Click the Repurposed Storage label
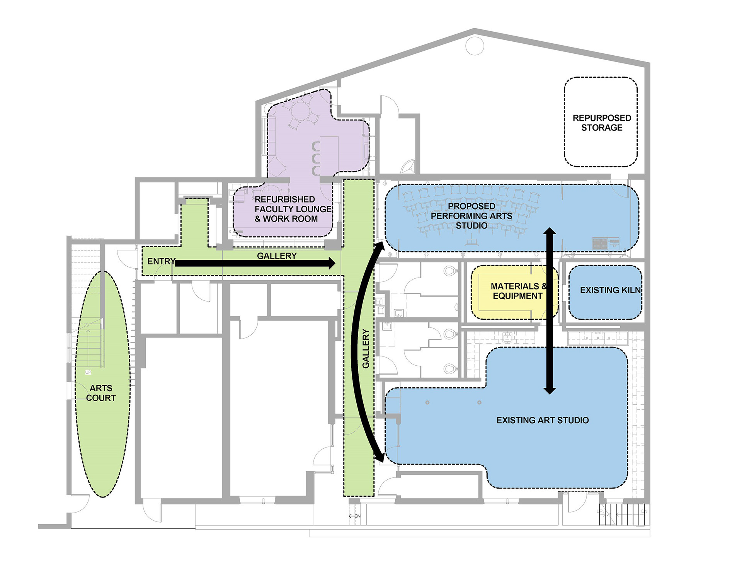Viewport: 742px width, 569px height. point(602,123)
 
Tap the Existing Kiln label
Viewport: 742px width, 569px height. point(610,290)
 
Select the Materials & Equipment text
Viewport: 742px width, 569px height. point(518,291)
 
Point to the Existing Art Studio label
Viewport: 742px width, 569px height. point(542,420)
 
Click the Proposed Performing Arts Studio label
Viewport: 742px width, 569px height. point(471,216)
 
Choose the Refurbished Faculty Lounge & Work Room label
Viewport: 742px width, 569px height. point(292,209)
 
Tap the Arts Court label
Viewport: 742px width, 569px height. point(101,393)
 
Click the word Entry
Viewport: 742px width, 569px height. point(161,261)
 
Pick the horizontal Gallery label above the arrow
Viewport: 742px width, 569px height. point(277,256)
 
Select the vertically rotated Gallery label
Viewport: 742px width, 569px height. point(366,348)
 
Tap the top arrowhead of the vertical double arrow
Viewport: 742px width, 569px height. point(550,232)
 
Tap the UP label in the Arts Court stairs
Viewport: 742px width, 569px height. point(88,372)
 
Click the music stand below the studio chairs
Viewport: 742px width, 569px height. point(471,242)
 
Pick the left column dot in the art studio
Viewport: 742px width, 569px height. point(427,402)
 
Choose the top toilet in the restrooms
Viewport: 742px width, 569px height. point(450,270)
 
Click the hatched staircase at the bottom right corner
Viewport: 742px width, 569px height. point(624,514)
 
